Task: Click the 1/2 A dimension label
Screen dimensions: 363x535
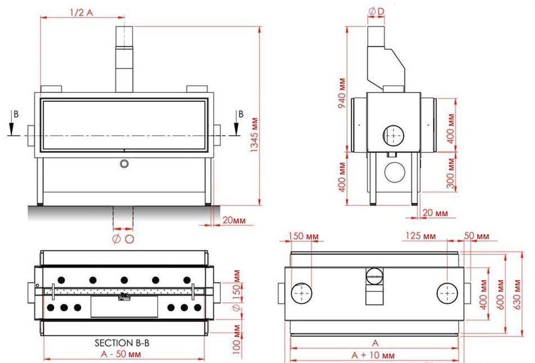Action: tap(82, 12)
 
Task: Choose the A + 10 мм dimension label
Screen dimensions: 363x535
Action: tap(373, 356)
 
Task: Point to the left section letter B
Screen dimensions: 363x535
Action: tap(16, 114)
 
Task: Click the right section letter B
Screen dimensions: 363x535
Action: tap(240, 114)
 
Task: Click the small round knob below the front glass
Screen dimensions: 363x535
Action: tap(124, 164)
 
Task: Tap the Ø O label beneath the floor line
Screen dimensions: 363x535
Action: tap(123, 239)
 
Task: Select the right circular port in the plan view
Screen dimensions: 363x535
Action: tap(448, 294)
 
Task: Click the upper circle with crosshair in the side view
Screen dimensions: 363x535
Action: tap(393, 135)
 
